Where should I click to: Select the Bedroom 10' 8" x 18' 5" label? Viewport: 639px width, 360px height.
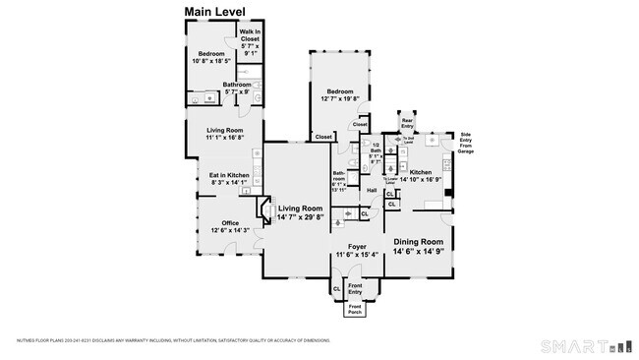click(212, 58)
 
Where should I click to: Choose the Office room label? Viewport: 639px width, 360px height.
click(230, 225)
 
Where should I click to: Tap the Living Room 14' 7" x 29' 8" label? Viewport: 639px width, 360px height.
click(300, 211)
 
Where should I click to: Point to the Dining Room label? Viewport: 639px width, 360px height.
click(420, 245)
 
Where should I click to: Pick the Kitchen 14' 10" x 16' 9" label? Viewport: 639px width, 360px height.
click(428, 175)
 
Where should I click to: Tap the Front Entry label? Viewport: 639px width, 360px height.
click(355, 289)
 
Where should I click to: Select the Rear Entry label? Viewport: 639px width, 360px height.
click(407, 123)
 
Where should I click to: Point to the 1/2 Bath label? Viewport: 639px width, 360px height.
click(375, 152)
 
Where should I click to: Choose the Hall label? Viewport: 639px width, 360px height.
click(373, 190)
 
